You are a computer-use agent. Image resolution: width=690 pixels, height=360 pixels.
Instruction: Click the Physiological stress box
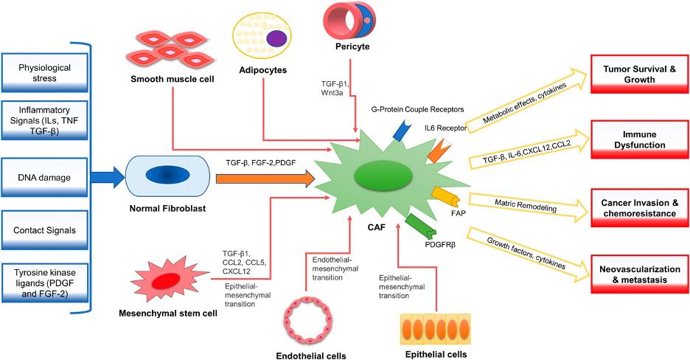point(44,72)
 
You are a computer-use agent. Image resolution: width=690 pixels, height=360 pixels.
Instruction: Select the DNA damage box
point(44,177)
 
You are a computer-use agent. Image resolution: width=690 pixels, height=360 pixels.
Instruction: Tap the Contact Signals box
point(44,230)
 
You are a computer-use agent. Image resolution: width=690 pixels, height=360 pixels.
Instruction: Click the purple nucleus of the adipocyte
point(276,38)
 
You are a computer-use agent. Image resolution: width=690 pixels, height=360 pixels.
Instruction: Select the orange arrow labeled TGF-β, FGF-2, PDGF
point(265,179)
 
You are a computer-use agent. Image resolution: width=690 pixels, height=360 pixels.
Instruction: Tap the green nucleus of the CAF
point(383,176)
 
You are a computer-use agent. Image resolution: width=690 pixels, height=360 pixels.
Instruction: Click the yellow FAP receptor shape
point(446,198)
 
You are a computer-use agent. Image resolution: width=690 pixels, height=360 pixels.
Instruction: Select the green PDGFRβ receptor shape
point(420,225)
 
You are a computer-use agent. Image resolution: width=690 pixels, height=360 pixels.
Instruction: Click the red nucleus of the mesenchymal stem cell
point(165,280)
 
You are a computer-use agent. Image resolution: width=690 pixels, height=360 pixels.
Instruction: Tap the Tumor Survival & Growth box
point(639,75)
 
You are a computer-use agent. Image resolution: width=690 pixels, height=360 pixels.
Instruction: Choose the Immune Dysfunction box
point(639,139)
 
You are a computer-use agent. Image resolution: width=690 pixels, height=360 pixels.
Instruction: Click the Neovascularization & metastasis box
point(639,274)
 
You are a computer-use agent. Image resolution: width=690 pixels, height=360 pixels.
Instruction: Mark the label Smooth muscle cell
point(172,79)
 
